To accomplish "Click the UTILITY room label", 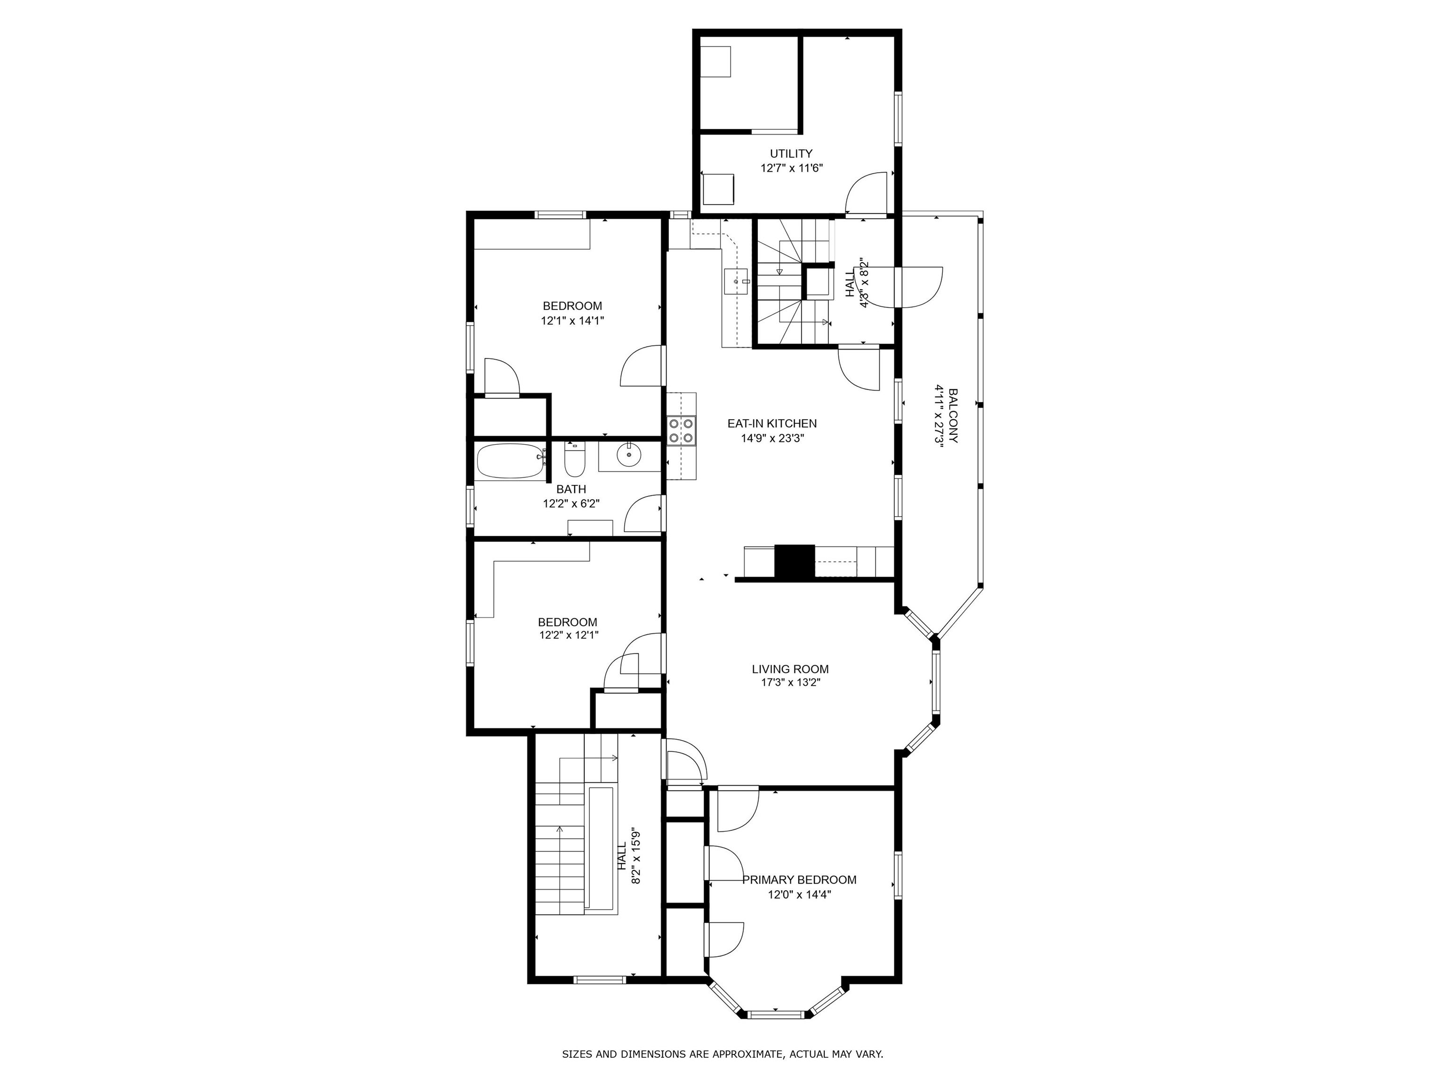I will [x=791, y=153].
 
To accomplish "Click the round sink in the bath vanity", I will [x=629, y=455].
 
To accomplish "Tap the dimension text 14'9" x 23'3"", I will [x=772, y=438].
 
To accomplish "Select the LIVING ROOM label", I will [x=790, y=669].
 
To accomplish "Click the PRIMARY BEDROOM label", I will [x=799, y=879].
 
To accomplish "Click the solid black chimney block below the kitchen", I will [x=794, y=561].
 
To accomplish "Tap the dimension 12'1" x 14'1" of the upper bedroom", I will [x=572, y=321].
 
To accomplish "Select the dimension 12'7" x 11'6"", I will [x=791, y=168].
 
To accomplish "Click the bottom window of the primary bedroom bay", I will [x=775, y=1015].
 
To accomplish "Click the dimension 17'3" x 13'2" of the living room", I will [x=790, y=683].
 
